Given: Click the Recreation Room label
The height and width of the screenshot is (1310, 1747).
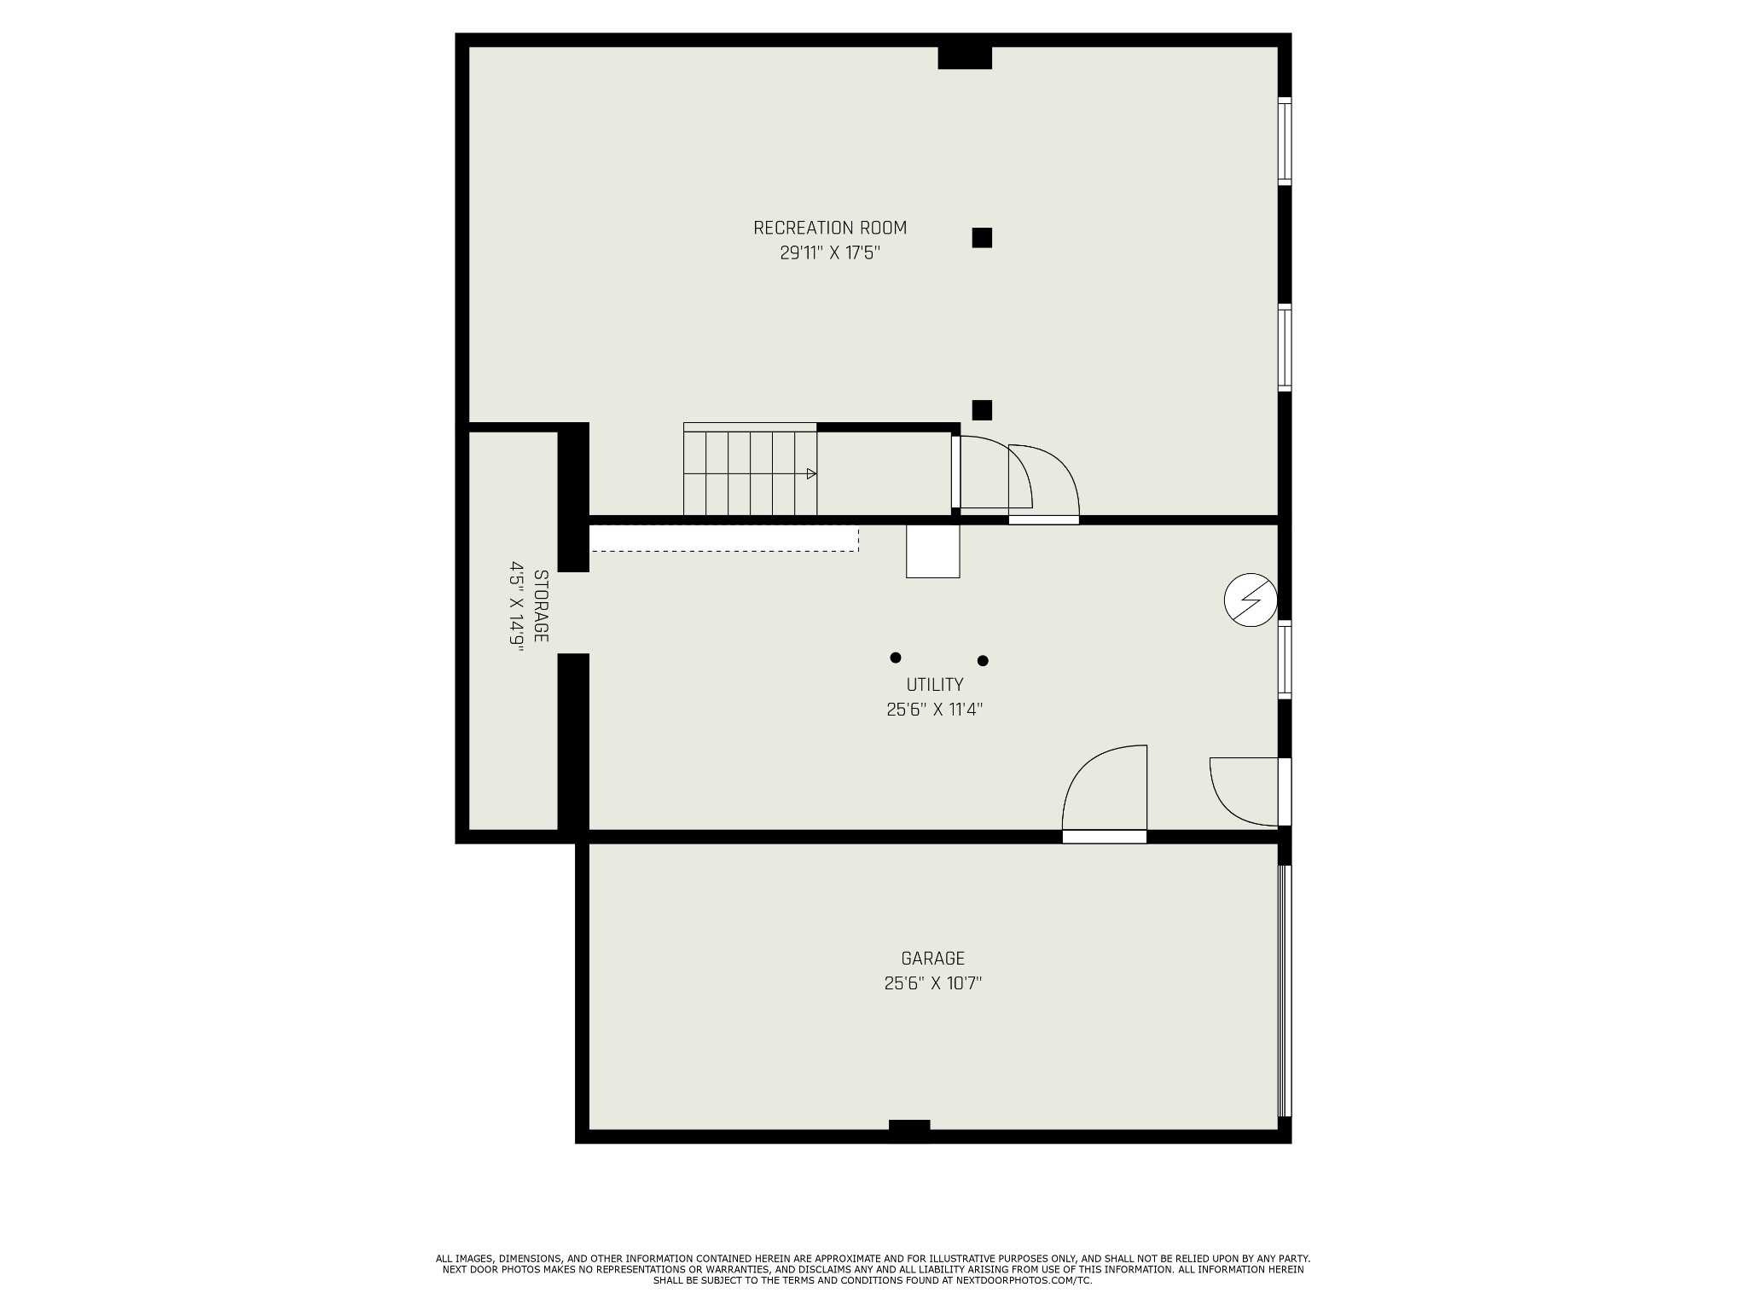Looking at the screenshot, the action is point(830,228).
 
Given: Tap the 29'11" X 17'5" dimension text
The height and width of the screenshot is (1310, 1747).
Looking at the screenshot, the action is point(830,253).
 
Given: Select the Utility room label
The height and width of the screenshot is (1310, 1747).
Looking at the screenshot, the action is point(935,685).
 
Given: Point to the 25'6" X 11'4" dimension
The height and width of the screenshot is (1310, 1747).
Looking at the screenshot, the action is point(935,710).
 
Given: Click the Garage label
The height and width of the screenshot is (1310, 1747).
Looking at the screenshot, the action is point(933,959).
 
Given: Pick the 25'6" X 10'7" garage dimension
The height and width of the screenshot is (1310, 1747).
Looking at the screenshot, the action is point(933,983).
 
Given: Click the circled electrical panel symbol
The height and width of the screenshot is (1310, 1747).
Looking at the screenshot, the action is point(1251,601).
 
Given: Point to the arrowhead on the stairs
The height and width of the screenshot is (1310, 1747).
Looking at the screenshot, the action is point(811,473).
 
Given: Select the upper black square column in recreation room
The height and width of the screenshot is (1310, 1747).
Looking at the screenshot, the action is point(982,238).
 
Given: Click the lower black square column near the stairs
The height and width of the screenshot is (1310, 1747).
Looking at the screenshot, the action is point(982,410).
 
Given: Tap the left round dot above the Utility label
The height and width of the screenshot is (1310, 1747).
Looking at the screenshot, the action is point(896,658).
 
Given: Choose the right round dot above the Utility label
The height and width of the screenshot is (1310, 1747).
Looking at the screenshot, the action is point(983,660).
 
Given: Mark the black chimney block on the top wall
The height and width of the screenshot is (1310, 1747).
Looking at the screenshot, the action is point(965,57).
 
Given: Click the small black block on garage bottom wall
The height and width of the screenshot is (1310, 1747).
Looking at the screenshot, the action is point(909,1125).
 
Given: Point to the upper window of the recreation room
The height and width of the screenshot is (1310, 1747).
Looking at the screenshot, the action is point(1284,141).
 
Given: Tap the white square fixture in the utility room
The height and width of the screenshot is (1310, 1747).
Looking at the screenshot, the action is point(933,551).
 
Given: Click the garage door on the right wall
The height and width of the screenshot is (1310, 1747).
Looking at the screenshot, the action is point(1285,991).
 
